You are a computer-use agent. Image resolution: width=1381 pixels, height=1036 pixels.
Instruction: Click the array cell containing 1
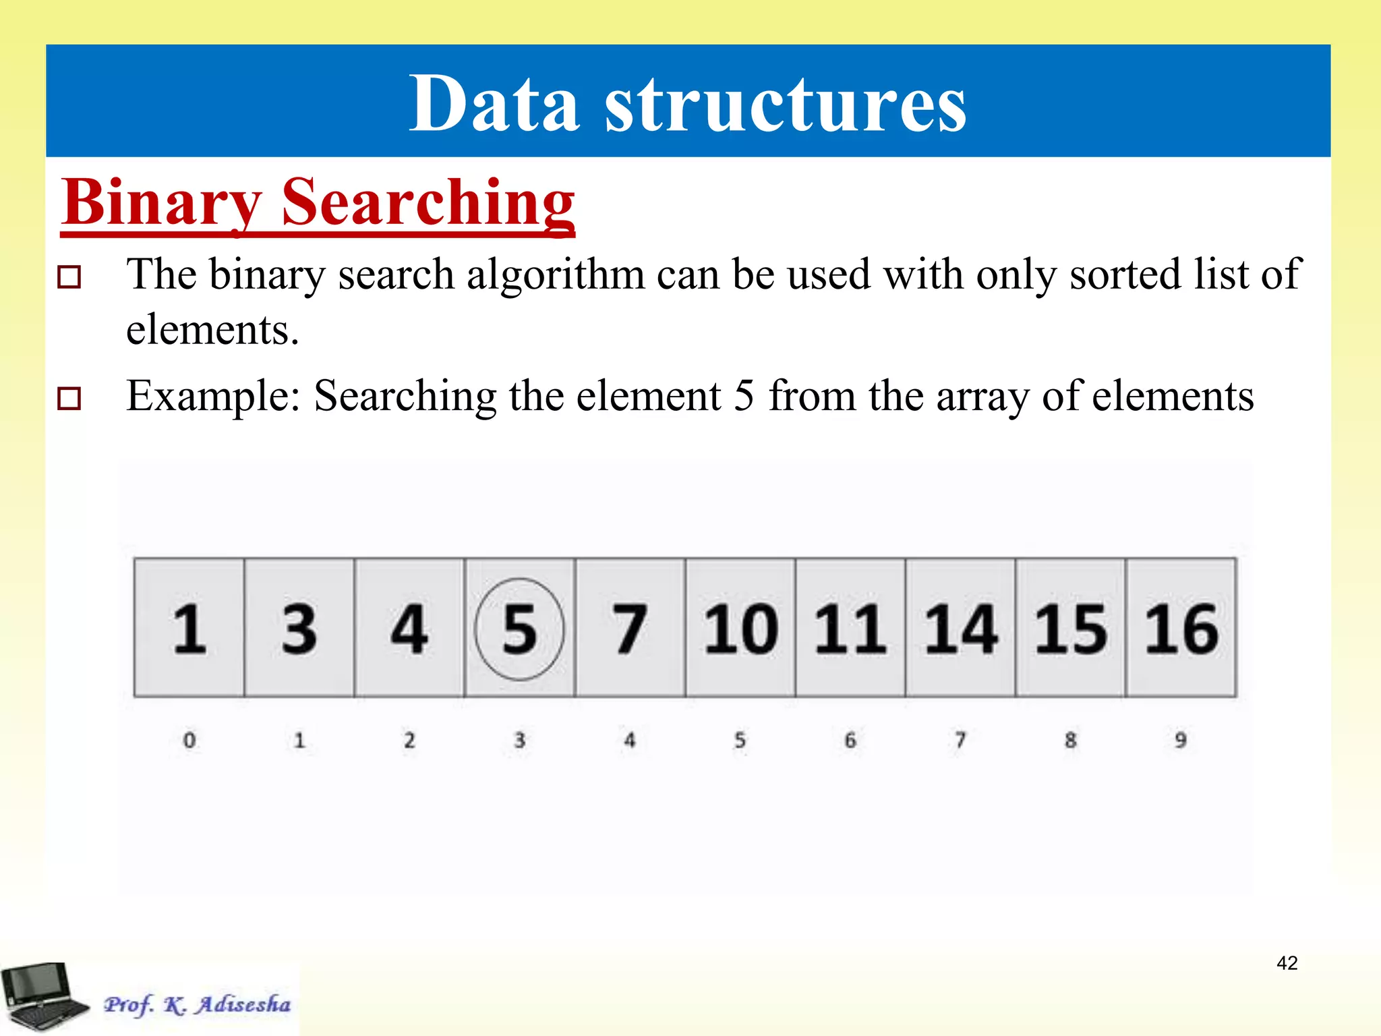pyautogui.click(x=189, y=628)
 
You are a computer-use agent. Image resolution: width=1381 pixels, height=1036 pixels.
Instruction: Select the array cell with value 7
pyautogui.click(x=630, y=628)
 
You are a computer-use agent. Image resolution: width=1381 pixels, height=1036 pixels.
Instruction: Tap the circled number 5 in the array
pyautogui.click(x=519, y=629)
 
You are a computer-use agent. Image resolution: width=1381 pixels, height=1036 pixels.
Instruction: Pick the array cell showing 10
pyautogui.click(x=740, y=628)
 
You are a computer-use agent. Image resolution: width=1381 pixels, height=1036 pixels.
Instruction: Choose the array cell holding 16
pyautogui.click(x=1181, y=628)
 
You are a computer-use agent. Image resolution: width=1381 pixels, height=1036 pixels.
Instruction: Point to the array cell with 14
pyautogui.click(x=960, y=628)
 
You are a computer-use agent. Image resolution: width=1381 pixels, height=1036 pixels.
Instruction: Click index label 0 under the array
pyautogui.click(x=189, y=741)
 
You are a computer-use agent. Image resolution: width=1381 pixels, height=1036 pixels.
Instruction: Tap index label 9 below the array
pyautogui.click(x=1181, y=741)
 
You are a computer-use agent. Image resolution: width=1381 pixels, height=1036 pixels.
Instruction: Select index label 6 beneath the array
pyautogui.click(x=850, y=741)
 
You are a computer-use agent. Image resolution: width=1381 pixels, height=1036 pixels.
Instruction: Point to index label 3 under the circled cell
pyautogui.click(x=519, y=741)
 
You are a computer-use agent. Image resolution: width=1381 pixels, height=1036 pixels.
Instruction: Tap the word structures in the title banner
pyautogui.click(x=785, y=105)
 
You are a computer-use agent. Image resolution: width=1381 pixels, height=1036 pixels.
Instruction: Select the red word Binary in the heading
pyautogui.click(x=161, y=202)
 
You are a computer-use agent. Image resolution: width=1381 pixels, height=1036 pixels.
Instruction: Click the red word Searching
pyautogui.click(x=428, y=202)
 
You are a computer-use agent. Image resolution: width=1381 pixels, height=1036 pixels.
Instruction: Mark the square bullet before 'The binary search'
pyautogui.click(x=69, y=277)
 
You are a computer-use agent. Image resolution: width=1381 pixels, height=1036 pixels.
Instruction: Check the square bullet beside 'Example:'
pyautogui.click(x=69, y=398)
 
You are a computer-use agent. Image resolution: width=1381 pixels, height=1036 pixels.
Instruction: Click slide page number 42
pyautogui.click(x=1287, y=962)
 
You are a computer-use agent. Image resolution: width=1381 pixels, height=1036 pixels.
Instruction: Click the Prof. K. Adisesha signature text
pyautogui.click(x=197, y=1004)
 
